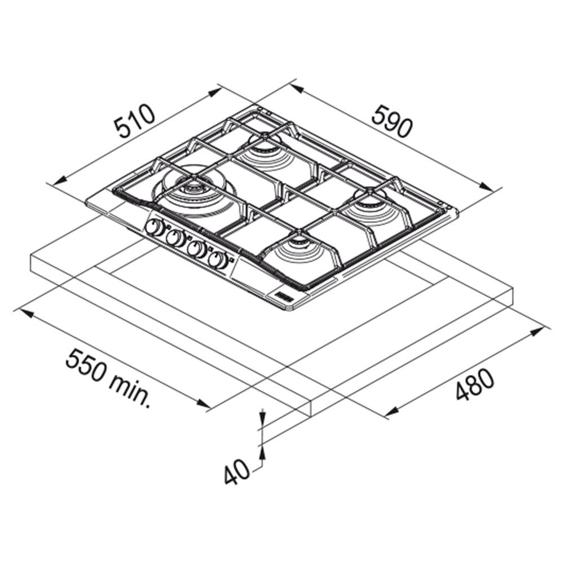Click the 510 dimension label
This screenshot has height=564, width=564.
pyautogui.click(x=135, y=121)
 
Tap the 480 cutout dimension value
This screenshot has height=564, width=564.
pyautogui.click(x=475, y=384)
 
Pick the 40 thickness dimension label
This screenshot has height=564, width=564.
pyautogui.click(x=236, y=472)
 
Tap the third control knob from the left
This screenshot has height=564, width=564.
pyautogui.click(x=196, y=248)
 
